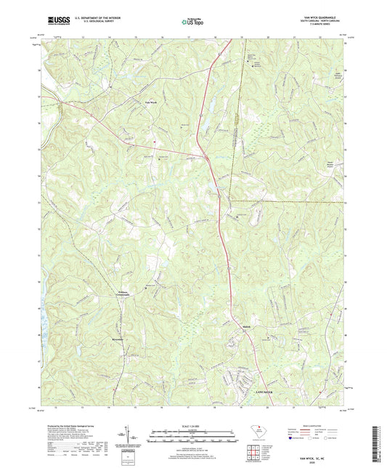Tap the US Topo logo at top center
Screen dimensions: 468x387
coord(190,23)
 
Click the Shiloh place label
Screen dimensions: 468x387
coord(247,328)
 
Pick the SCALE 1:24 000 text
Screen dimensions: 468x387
coord(193,426)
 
